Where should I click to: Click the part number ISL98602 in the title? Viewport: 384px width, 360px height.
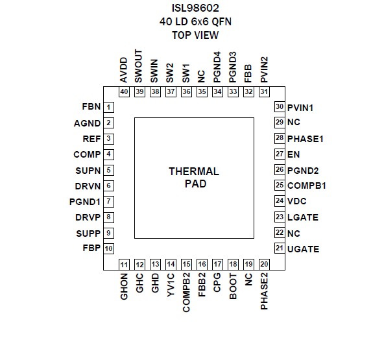[x=195, y=8]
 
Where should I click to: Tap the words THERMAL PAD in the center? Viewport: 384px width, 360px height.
[x=194, y=178]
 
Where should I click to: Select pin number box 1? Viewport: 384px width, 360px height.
[x=108, y=107]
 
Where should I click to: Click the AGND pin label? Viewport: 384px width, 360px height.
[x=87, y=123]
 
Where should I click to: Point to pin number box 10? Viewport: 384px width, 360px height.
[x=108, y=248]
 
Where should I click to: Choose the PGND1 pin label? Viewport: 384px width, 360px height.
[x=85, y=202]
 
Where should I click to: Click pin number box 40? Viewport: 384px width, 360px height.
[x=124, y=92]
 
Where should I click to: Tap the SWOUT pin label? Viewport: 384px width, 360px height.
[x=138, y=66]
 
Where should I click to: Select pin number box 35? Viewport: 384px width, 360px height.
[x=202, y=92]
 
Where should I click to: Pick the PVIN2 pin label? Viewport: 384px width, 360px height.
[x=264, y=70]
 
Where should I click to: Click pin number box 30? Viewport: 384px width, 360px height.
[x=280, y=107]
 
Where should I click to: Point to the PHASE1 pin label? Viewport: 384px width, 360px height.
[x=306, y=139]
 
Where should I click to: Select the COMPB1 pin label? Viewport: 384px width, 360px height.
[x=307, y=186]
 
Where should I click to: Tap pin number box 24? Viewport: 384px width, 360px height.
[x=280, y=201]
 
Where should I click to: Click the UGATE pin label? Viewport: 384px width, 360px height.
[x=304, y=249]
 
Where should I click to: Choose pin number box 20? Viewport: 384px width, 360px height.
[x=264, y=265]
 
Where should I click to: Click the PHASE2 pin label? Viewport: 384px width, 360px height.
[x=264, y=291]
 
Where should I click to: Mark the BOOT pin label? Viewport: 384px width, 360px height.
[x=233, y=286]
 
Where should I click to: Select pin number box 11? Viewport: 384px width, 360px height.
[x=124, y=265]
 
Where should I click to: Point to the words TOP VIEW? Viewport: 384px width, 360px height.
[x=195, y=35]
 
